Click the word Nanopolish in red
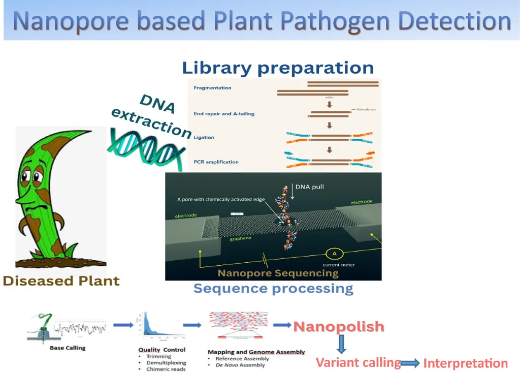[339, 326]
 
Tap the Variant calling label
[358, 362]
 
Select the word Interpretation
[465, 363]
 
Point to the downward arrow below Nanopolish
[341, 344]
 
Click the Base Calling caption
[68, 348]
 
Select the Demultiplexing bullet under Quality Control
[166, 363]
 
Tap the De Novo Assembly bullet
[240, 365]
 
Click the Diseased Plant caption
[61, 281]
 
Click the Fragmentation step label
[212, 88]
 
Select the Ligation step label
[204, 137]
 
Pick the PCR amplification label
[216, 162]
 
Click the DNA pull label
[310, 187]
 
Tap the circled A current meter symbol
[335, 254]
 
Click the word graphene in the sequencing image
[240, 238]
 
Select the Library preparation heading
[278, 68]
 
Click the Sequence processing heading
[273, 289]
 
